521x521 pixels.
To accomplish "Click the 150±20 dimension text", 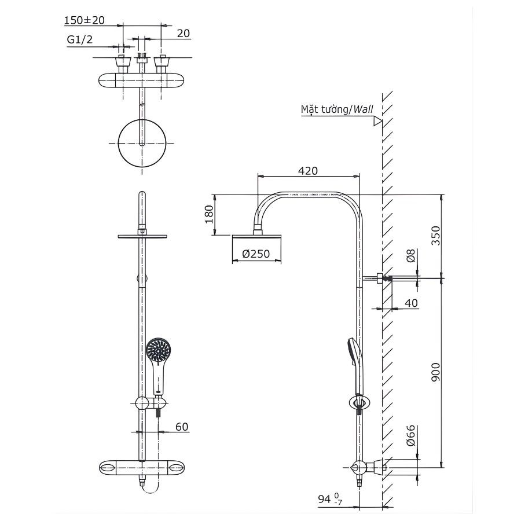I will point(84,20).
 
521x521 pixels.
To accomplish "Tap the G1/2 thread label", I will point(79,39).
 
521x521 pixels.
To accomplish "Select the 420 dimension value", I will point(307,171).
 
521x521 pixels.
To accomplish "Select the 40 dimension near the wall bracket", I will point(410,303).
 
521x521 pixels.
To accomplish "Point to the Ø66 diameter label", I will point(410,435).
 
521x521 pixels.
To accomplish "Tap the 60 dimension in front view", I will point(181,427).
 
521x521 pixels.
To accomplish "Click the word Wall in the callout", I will point(364,109).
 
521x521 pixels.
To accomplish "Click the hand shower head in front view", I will point(158,350).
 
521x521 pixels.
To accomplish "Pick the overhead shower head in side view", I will point(257,238).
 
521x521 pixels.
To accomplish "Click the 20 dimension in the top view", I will point(183,34).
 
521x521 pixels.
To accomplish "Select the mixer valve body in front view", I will point(143,467).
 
